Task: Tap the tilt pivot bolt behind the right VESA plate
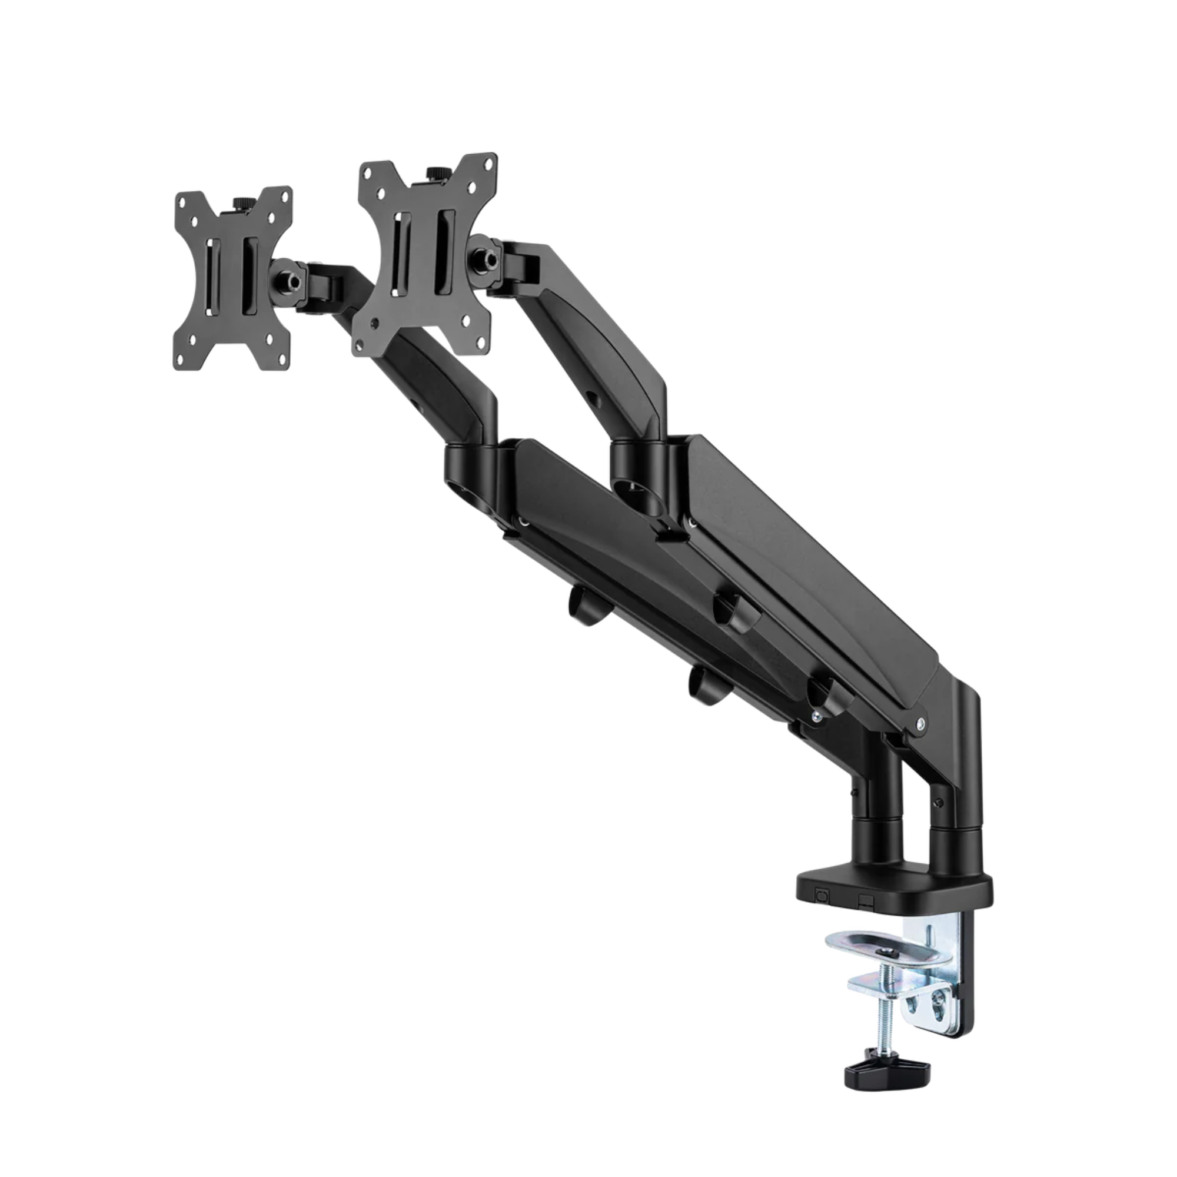pos(485,258)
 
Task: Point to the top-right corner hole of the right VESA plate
pos(486,167)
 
